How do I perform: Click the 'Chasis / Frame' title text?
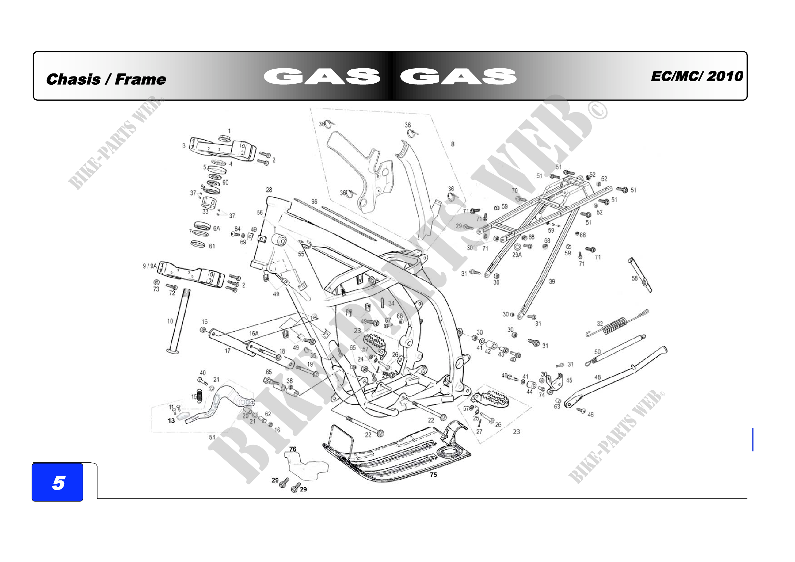(106, 79)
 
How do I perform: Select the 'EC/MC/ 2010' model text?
(696, 76)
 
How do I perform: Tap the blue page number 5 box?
(58, 482)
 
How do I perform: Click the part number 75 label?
(433, 475)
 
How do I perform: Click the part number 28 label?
(269, 190)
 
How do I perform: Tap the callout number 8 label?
(452, 144)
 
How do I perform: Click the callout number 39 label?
(552, 282)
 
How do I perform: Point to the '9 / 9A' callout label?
(150, 266)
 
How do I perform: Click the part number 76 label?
(293, 449)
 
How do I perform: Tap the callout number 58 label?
(634, 278)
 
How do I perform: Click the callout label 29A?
(517, 255)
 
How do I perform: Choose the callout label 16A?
(254, 334)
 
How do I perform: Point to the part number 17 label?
(227, 351)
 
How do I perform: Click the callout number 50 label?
(598, 352)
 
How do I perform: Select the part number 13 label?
(171, 420)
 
